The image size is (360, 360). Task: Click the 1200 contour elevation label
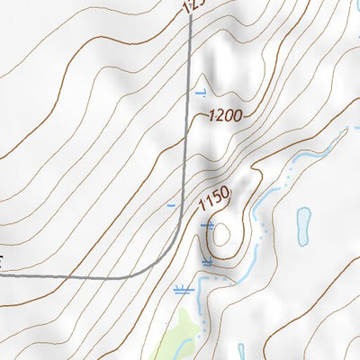click(x=226, y=115)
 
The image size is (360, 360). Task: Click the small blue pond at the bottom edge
click(x=241, y=350)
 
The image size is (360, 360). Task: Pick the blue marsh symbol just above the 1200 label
click(x=201, y=93)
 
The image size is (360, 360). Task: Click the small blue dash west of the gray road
click(x=171, y=206)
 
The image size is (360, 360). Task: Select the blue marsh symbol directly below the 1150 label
click(x=208, y=224)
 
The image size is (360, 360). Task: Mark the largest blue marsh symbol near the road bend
click(x=183, y=290)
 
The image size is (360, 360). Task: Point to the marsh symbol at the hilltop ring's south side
click(x=208, y=262)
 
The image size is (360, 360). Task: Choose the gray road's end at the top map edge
click(x=192, y=2)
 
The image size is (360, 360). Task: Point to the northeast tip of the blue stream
click(x=345, y=131)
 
